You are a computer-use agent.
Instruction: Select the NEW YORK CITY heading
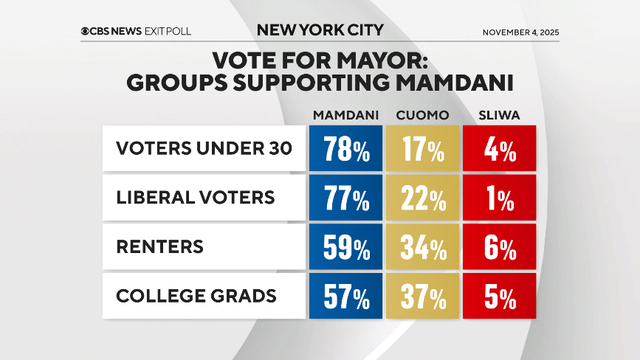pos(319,30)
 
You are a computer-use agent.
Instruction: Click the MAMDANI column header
pos(346,114)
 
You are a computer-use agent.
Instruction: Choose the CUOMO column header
pos(423,114)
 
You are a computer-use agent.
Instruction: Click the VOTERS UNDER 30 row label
pos(204,150)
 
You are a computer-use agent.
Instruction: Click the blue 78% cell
pos(346,151)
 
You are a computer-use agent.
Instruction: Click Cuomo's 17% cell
pos(423,151)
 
